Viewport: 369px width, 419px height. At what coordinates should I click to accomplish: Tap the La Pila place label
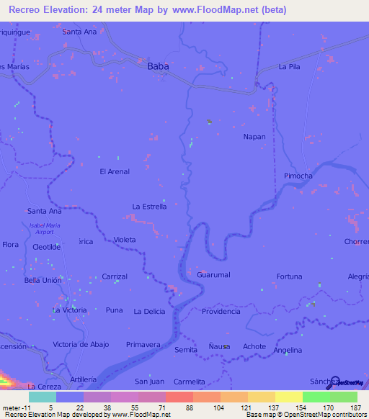pyautogui.click(x=288, y=67)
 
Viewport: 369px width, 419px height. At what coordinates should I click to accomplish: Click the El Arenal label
pyautogui.click(x=115, y=171)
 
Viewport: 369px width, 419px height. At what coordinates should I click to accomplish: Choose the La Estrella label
pyautogui.click(x=149, y=207)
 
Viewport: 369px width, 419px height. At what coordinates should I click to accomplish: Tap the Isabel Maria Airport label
pyautogui.click(x=42, y=229)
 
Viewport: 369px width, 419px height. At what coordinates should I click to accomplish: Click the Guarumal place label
pyautogui.click(x=213, y=275)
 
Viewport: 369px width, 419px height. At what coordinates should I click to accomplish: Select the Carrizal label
pyautogui.click(x=115, y=276)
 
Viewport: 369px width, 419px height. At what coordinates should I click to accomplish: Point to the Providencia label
pyautogui.click(x=221, y=311)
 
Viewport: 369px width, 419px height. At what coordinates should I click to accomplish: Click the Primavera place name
pyautogui.click(x=143, y=345)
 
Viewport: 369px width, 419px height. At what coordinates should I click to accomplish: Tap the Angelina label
pyautogui.click(x=288, y=350)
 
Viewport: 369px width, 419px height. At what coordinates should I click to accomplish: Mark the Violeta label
pyautogui.click(x=125, y=240)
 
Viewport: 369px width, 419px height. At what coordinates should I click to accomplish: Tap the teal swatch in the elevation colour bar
pyautogui.click(x=42, y=397)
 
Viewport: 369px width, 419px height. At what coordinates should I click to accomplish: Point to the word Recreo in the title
pyautogui.click(x=27, y=10)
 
